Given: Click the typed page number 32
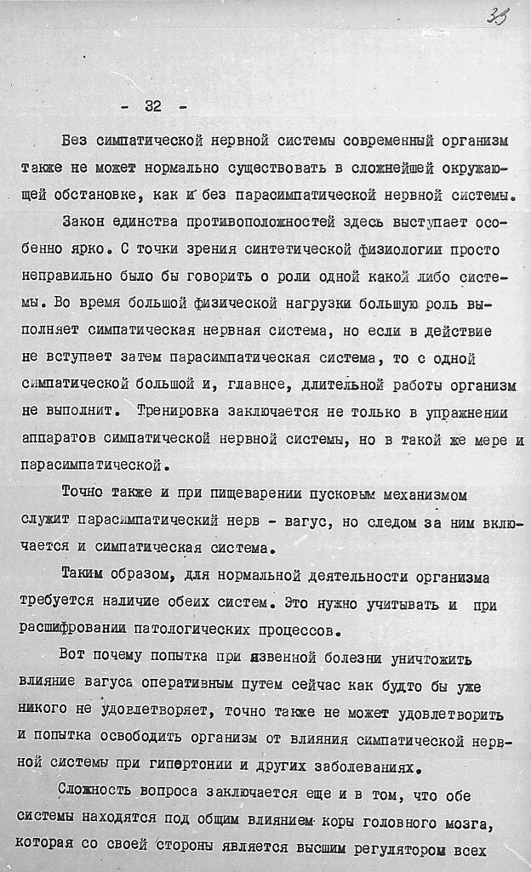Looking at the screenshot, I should tap(153, 106).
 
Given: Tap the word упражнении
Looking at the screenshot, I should tap(462, 413).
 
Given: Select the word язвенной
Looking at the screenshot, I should tap(283, 658).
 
